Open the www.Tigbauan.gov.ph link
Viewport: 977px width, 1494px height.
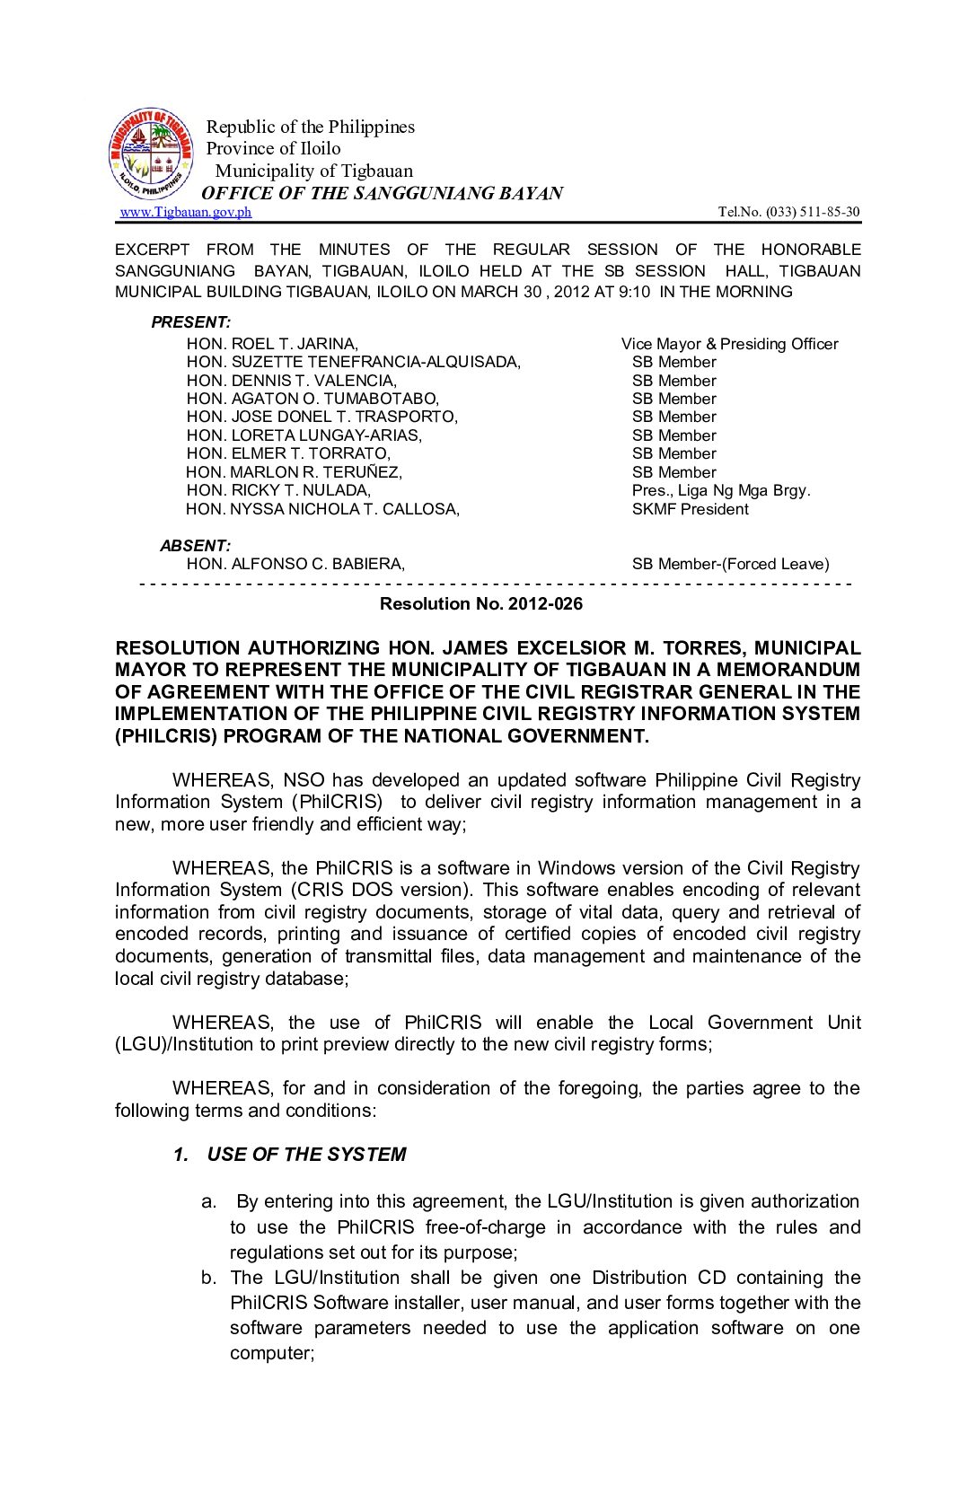pyautogui.click(x=186, y=212)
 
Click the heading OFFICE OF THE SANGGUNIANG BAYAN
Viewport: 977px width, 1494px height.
pyautogui.click(x=382, y=193)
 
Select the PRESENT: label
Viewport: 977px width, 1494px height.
pyautogui.click(x=190, y=321)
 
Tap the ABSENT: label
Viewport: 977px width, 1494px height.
pyautogui.click(x=195, y=545)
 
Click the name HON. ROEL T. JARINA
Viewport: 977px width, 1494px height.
pyautogui.click(x=272, y=344)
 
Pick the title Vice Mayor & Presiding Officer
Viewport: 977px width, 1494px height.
pyautogui.click(x=729, y=344)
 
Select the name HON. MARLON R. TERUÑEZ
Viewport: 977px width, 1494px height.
pyautogui.click(x=294, y=472)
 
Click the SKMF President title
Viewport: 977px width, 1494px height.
pyautogui.click(x=690, y=509)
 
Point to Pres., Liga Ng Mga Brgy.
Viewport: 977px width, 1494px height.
pyautogui.click(x=721, y=490)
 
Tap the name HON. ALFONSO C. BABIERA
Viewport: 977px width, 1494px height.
pyautogui.click(x=295, y=564)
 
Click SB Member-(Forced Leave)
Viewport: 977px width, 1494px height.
pyautogui.click(x=730, y=564)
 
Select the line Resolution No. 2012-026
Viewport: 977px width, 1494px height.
pyautogui.click(x=480, y=603)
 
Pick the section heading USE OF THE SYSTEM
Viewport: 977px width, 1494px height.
pyautogui.click(x=305, y=1155)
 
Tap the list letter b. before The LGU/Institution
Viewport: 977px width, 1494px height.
pyautogui.click(x=209, y=1278)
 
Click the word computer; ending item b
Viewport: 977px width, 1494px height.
pyautogui.click(x=271, y=1353)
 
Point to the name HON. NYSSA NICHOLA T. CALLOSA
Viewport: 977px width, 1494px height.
pyautogui.click(x=322, y=509)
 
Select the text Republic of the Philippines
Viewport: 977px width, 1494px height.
pyautogui.click(x=311, y=127)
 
